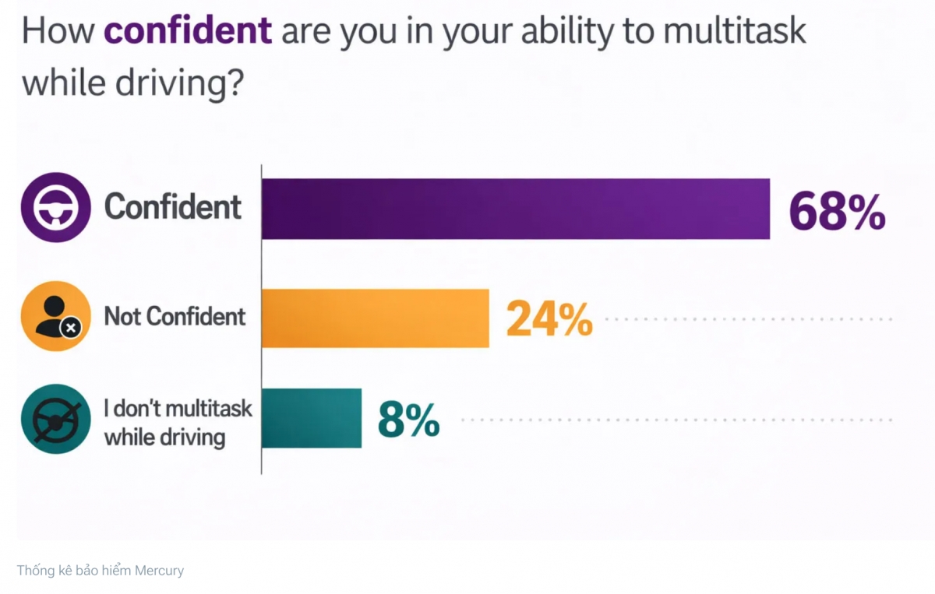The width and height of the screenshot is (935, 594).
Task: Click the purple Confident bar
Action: coord(515,209)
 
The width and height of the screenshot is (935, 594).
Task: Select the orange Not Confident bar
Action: coord(375,318)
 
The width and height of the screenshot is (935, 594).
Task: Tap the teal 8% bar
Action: coord(311,418)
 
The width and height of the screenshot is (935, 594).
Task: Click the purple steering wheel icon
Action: coord(56,207)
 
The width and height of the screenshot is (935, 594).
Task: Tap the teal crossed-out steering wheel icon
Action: coord(56,419)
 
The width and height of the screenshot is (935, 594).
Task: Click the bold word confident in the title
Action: coord(188,32)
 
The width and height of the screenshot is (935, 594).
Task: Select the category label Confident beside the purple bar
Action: coord(173,207)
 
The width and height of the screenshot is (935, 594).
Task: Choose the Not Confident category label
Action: coord(175,316)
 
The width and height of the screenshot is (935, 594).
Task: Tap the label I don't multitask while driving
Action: coord(178,422)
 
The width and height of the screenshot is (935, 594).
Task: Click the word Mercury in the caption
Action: coord(159,571)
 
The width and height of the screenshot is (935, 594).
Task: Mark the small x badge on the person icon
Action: coord(71,329)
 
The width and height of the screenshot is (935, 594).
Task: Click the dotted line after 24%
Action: coord(748,318)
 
